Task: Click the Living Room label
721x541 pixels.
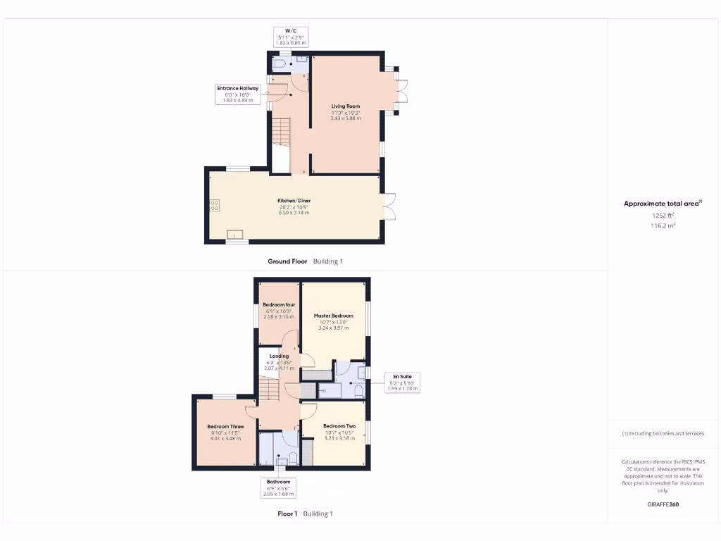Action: click(346, 106)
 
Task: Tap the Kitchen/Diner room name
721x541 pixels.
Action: click(294, 201)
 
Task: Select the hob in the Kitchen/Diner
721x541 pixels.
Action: click(214, 206)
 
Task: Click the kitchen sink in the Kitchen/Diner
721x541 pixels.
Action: click(235, 235)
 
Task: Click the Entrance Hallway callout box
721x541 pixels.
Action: click(238, 94)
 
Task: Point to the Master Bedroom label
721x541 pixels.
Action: click(334, 316)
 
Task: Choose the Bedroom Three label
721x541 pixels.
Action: click(225, 427)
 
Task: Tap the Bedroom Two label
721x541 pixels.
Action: click(339, 426)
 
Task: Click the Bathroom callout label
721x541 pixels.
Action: click(277, 487)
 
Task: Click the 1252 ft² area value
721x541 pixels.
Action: click(663, 216)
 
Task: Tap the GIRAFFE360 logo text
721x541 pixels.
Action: click(663, 504)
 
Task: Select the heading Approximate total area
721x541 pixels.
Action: click(662, 204)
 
